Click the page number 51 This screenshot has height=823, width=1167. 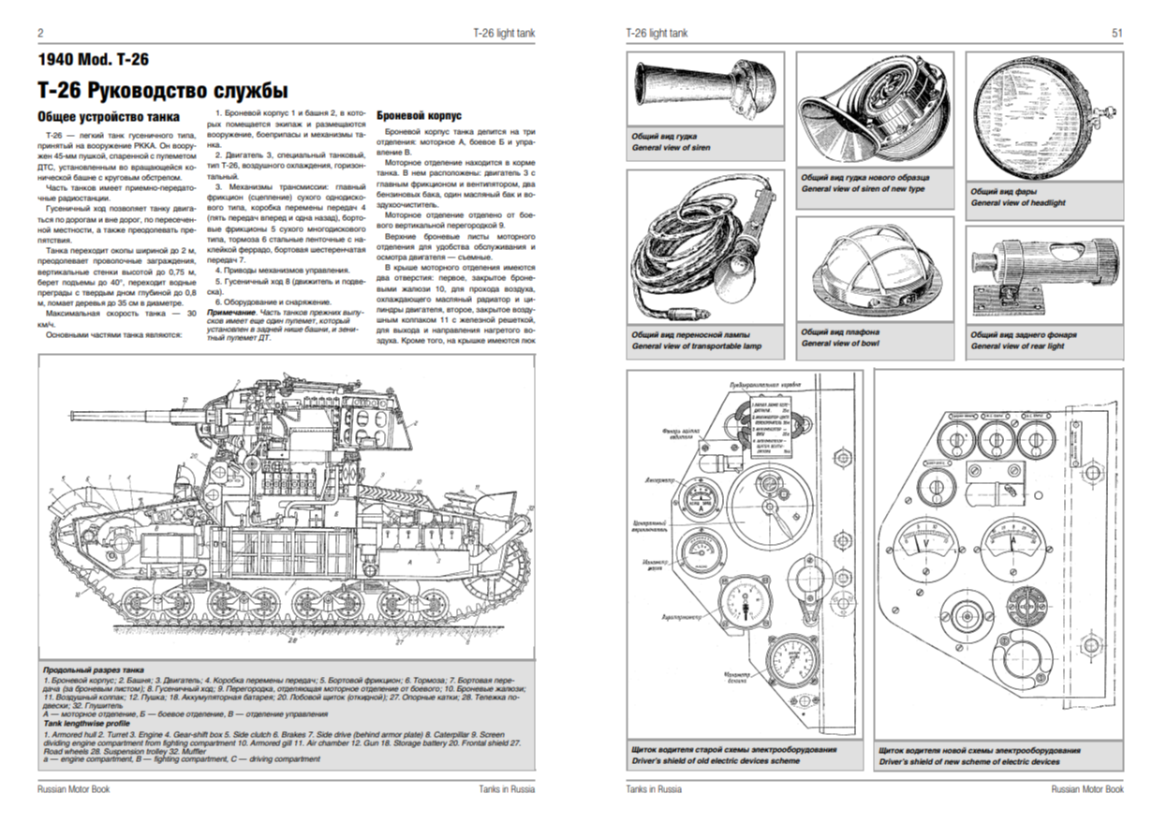pos(1116,33)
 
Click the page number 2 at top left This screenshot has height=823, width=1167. pos(40,33)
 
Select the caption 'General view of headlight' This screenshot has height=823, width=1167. pos(1018,202)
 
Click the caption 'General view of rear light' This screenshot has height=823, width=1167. pos(1017,346)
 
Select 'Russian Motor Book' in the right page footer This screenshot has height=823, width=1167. pos(1087,789)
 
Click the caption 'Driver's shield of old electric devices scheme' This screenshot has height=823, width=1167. pos(716,761)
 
